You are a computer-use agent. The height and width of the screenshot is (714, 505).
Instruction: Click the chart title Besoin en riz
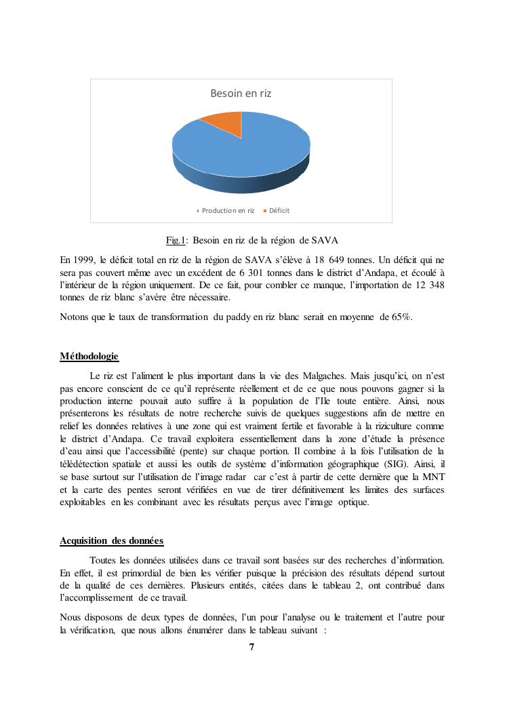[241, 94]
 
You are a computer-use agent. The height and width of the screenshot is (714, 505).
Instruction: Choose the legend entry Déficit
[279, 211]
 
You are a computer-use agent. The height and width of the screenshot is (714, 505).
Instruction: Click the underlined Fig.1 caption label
[175, 241]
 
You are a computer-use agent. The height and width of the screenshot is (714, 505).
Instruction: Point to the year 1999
[85, 260]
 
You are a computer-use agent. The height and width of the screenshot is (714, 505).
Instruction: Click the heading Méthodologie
[89, 357]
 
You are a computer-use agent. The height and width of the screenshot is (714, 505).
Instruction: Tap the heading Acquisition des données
[111, 540]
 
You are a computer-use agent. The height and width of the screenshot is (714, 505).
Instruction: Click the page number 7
[251, 647]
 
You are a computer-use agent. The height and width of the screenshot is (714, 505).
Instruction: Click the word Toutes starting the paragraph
[104, 560]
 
